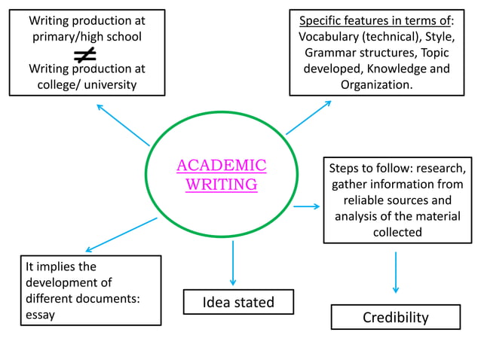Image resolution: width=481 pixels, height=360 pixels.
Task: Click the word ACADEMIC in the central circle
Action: [x=221, y=166]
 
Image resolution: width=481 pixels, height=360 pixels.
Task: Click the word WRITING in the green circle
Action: [x=221, y=185]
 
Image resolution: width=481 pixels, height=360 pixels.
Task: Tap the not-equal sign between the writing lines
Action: [x=84, y=53]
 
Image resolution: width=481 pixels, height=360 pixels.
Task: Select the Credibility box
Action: [x=395, y=317]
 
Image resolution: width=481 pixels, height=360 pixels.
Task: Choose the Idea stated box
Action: [x=238, y=303]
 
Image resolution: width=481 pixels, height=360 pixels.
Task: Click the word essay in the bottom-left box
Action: [x=40, y=315]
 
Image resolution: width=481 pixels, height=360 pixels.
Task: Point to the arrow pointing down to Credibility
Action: [x=395, y=272]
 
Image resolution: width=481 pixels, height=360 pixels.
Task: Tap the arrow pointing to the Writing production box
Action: [x=123, y=124]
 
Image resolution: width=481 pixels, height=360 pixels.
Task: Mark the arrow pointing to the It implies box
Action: [x=121, y=235]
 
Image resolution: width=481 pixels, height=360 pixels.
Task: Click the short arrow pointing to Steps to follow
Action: [x=306, y=206]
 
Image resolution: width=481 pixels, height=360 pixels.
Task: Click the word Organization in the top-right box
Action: [x=375, y=84]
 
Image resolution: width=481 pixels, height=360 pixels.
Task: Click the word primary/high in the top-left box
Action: [x=68, y=36]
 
